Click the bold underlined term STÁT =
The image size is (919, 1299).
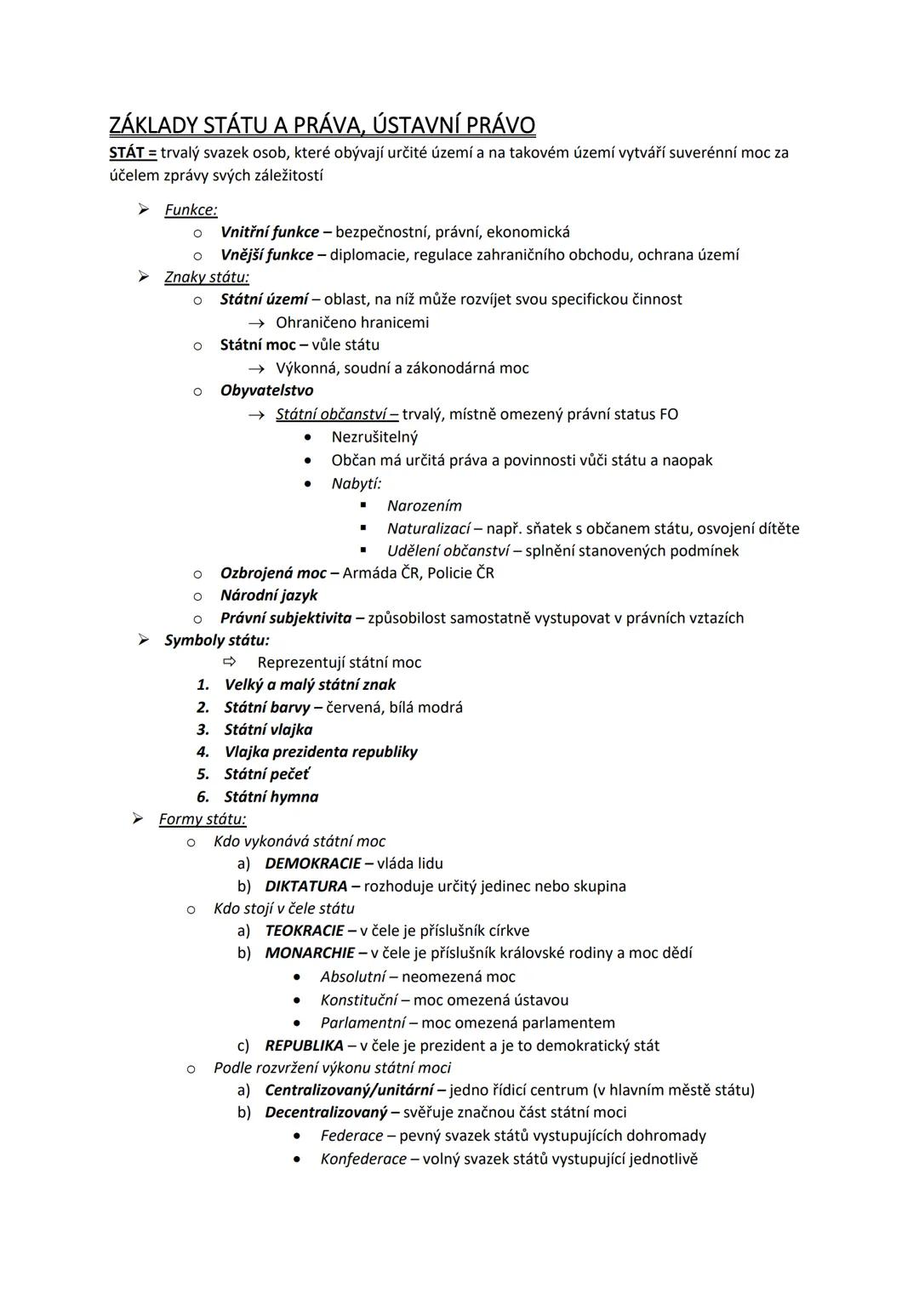[x=133, y=153]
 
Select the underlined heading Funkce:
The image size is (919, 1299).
[x=191, y=210]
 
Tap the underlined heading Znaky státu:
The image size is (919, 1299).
[x=207, y=277]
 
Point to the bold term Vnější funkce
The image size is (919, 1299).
[x=267, y=254]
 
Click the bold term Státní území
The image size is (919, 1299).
[x=264, y=299]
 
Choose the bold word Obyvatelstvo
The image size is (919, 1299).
[x=266, y=390]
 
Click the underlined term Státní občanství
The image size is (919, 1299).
[x=336, y=414]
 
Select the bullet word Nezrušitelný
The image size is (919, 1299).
[x=374, y=437]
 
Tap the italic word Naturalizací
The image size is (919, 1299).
[x=428, y=528]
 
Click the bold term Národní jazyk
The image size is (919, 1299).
[x=269, y=595]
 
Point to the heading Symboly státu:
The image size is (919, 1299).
[x=217, y=641]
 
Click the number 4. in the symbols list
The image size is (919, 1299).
[x=203, y=752]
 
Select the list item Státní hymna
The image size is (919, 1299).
[x=271, y=797]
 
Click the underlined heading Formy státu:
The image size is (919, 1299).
[x=203, y=819]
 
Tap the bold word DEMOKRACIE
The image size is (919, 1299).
[x=313, y=863]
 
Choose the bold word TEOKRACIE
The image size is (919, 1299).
[x=305, y=931]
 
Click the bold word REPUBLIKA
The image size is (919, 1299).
[x=305, y=1045]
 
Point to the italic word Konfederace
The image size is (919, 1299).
[x=363, y=1159]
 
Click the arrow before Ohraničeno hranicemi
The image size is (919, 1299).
[x=255, y=323]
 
